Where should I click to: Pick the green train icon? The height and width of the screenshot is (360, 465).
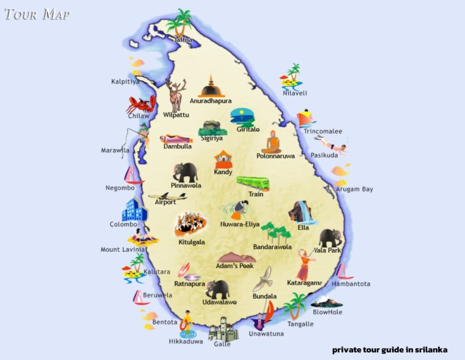click(252, 183)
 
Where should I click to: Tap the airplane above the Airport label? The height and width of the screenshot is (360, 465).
click(168, 196)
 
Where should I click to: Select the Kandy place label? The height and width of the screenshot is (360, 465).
click(223, 172)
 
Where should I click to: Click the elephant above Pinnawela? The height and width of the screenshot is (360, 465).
click(186, 172)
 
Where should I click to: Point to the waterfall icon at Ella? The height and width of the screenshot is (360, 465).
click(302, 212)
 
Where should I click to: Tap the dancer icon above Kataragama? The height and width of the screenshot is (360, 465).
click(305, 265)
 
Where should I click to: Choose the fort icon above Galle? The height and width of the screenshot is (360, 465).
click(223, 329)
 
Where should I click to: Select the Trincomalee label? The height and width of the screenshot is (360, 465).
click(323, 132)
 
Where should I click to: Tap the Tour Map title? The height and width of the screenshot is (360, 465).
click(37, 14)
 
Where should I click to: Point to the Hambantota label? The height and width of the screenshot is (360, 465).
click(351, 284)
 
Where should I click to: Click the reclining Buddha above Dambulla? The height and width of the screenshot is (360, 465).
click(177, 139)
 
